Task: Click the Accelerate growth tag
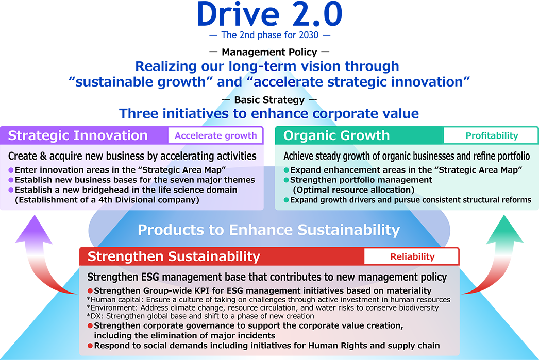pyautogui.click(x=215, y=136)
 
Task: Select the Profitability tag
pyautogui.click(x=492, y=136)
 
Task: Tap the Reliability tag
pyautogui.click(x=412, y=256)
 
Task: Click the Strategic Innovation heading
pyautogui.click(x=78, y=136)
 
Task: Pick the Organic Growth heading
pyautogui.click(x=336, y=136)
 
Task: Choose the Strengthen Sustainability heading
pyautogui.click(x=174, y=256)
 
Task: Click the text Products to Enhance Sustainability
pyautogui.click(x=268, y=230)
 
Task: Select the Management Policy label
pyautogui.click(x=268, y=52)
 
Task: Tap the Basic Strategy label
pyautogui.click(x=268, y=99)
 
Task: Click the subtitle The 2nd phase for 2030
pyautogui.click(x=268, y=36)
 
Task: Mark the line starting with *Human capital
pyautogui.click(x=268, y=299)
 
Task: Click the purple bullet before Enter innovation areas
pyautogui.click(x=11, y=170)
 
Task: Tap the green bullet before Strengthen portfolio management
pyautogui.click(x=287, y=180)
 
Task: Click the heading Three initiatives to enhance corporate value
pyautogui.click(x=268, y=113)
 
